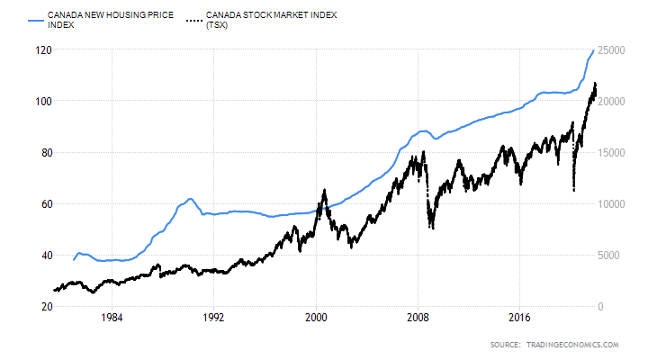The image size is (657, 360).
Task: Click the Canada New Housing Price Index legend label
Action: [97, 21]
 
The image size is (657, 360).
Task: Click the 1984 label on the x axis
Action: [112, 318]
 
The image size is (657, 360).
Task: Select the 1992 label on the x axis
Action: [213, 318]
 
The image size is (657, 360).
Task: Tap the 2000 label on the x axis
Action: [315, 318]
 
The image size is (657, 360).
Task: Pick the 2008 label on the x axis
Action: [417, 318]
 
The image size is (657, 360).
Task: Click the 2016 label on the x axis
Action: [518, 318]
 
